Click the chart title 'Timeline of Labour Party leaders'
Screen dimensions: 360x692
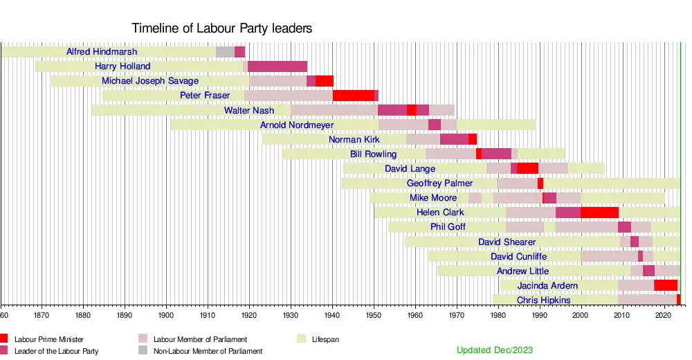point(221,28)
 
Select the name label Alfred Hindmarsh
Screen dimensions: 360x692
point(102,52)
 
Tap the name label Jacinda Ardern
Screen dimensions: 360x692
point(547,285)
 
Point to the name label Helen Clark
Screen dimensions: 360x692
point(440,212)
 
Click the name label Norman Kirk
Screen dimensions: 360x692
point(354,139)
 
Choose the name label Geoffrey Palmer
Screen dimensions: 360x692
point(440,183)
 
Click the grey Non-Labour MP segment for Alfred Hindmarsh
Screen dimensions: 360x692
point(225,52)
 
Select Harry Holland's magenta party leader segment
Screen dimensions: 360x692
point(277,66)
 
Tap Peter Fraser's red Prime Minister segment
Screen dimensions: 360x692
point(353,96)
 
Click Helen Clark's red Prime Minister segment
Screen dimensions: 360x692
point(599,212)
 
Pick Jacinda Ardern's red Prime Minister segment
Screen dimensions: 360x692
point(666,285)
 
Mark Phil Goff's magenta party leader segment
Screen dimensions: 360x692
point(624,227)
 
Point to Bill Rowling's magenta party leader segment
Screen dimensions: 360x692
point(496,154)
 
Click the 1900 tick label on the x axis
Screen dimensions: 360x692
point(166,314)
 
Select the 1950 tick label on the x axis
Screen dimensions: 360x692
point(374,314)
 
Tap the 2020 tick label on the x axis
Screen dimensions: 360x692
point(664,314)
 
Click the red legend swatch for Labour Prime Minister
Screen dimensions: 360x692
point(4,339)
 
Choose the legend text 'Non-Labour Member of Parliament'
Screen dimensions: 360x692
point(208,351)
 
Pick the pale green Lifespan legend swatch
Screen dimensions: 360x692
point(302,339)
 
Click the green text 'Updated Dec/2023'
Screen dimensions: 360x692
point(495,350)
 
